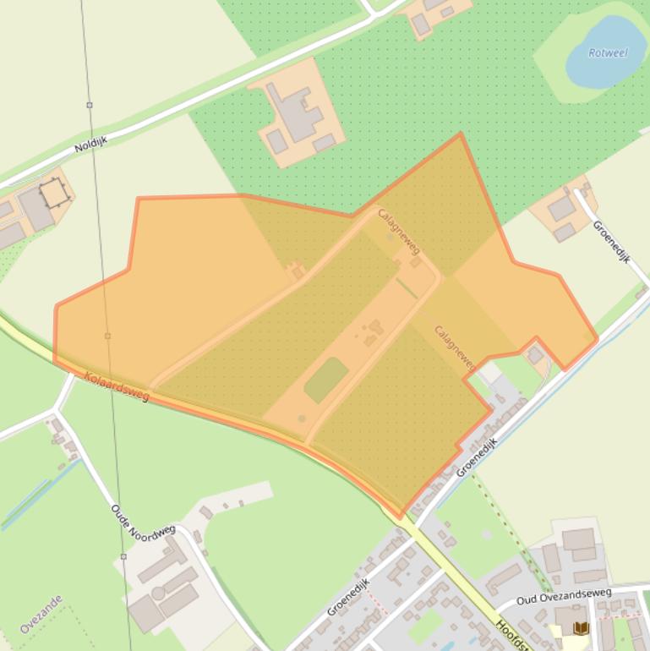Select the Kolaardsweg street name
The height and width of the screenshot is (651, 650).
pyautogui.click(x=117, y=386)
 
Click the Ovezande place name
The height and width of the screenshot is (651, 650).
pyautogui.click(x=41, y=615)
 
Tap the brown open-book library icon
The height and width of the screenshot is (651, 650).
pyautogui.click(x=581, y=627)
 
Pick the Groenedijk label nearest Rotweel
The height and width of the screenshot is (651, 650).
pyautogui.click(x=611, y=242)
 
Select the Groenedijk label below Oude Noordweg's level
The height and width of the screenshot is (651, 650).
pyautogui.click(x=349, y=597)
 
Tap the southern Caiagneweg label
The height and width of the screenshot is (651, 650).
pyautogui.click(x=454, y=347)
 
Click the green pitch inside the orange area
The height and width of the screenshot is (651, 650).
pyautogui.click(x=325, y=380)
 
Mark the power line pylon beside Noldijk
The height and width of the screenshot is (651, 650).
pyautogui.click(x=90, y=106)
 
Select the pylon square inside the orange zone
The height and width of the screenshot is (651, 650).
pyautogui.click(x=107, y=336)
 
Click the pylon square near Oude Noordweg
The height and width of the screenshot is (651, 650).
pyautogui.click(x=123, y=556)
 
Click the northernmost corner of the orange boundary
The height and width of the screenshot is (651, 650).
pyautogui.click(x=460, y=134)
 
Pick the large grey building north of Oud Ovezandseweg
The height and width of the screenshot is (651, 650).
pyautogui.click(x=578, y=539)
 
